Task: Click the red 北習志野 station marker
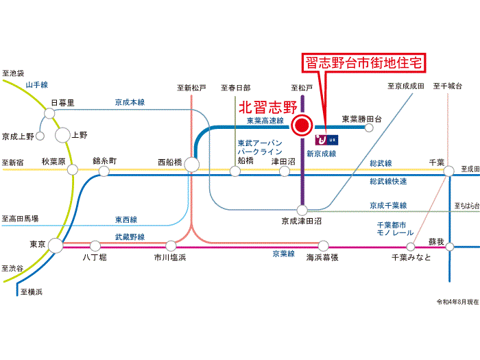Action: [x=302, y=125]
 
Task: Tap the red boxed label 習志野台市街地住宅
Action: [x=364, y=63]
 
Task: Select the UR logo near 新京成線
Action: [x=326, y=140]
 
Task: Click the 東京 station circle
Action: [x=56, y=245]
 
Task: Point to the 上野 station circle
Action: [x=62, y=135]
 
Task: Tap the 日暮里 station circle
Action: [x=49, y=113]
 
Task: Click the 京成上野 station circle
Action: [x=40, y=136]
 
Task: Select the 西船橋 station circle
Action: [x=191, y=165]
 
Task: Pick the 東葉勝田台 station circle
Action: [x=369, y=128]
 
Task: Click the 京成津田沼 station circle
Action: [x=302, y=211]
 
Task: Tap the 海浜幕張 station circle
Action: [x=323, y=245]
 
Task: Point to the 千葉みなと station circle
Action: [x=411, y=246]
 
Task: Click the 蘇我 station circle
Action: [x=449, y=246]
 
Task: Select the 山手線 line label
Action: [x=37, y=85]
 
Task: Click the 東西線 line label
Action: [x=126, y=219]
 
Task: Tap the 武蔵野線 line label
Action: [x=130, y=237]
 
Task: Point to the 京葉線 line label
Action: [x=283, y=254]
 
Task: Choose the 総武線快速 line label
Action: [x=388, y=181]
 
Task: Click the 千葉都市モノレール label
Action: [x=395, y=229]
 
